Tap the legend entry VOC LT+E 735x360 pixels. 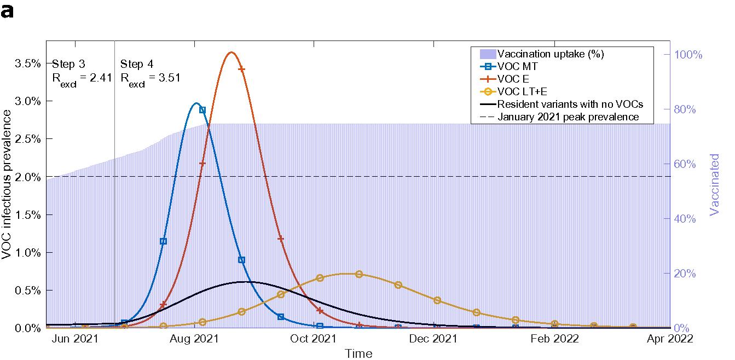click(x=519, y=91)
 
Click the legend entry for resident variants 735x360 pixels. click(x=570, y=104)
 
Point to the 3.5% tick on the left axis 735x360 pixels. click(x=27, y=63)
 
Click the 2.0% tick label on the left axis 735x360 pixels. click(x=27, y=177)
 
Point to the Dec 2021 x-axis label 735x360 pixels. click(x=433, y=339)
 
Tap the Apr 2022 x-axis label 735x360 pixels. click(x=670, y=339)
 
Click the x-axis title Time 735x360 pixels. click(x=358, y=353)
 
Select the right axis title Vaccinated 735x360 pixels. click(x=715, y=184)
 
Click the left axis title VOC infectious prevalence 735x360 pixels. click(x=7, y=185)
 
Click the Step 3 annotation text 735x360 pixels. click(x=68, y=63)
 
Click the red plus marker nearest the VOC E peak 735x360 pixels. click(x=241, y=69)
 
